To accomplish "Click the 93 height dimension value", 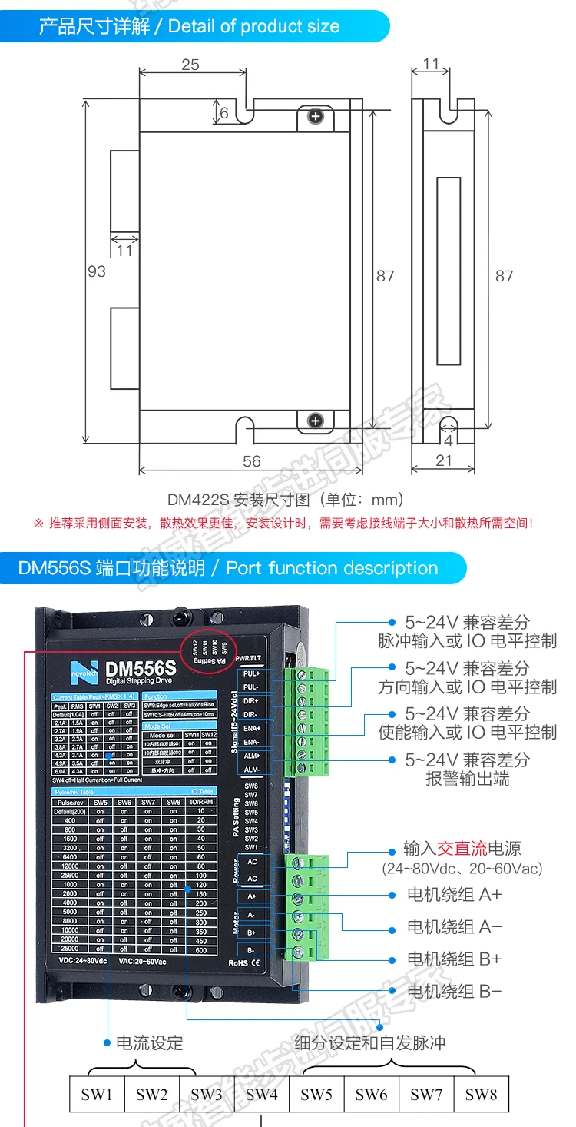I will tap(97, 271).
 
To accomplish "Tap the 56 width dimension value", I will tap(251, 461).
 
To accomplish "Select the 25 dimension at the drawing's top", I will tap(190, 65).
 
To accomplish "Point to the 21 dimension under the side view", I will tap(443, 461).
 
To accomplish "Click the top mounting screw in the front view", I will tap(315, 117).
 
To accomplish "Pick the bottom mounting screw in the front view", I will tap(315, 421).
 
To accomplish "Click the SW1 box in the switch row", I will tap(97, 1094).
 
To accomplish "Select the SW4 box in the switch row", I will tap(261, 1094).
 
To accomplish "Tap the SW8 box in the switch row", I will tap(481, 1094).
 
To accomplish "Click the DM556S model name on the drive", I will tap(141, 669).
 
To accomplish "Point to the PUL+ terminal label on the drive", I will tap(251, 673).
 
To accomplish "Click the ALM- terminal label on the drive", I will tap(251, 770).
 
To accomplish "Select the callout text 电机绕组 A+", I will tap(454, 895).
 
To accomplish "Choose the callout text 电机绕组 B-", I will tap(454, 992).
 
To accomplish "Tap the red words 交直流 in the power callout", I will tap(462, 849).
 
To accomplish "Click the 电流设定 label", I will tap(150, 1043).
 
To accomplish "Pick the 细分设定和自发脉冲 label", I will tap(369, 1043).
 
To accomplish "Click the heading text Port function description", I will tap(332, 569).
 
